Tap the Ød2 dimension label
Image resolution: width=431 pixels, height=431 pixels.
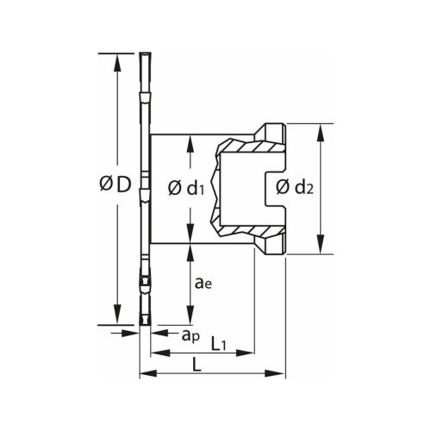[x=294, y=187]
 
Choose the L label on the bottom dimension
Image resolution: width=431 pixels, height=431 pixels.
[x=197, y=365]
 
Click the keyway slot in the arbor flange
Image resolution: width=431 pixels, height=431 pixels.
[x=274, y=189]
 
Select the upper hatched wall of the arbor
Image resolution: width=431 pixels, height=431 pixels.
[x=250, y=145]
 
